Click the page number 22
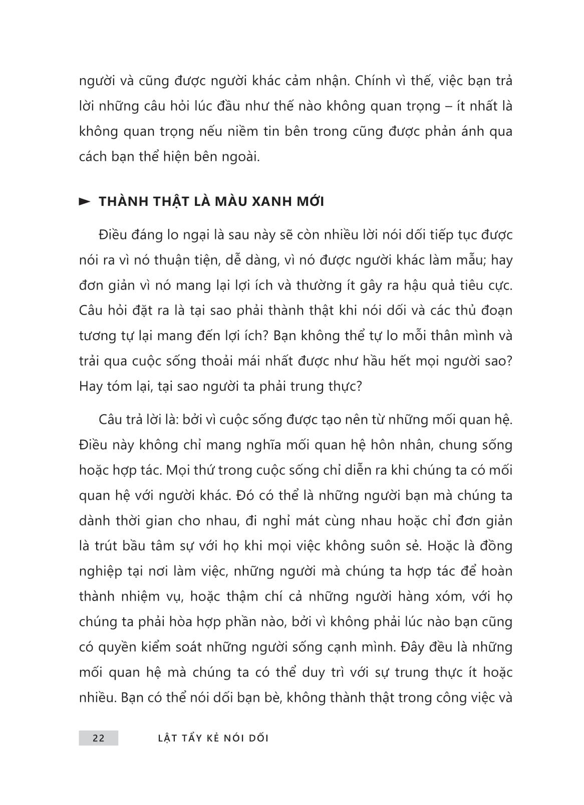pyautogui.click(x=98, y=738)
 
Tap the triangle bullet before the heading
pyautogui.click(x=85, y=202)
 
